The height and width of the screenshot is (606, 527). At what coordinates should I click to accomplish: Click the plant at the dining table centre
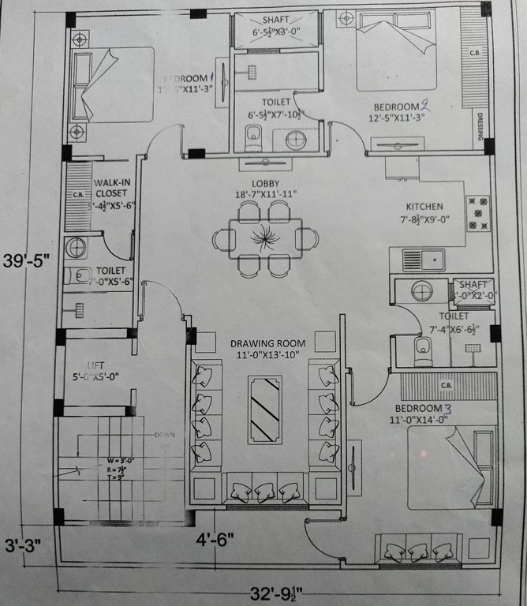point(261,237)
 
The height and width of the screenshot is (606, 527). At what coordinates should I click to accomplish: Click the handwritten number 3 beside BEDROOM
point(447,409)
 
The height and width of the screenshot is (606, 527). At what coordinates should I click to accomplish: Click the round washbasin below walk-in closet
point(77,248)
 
